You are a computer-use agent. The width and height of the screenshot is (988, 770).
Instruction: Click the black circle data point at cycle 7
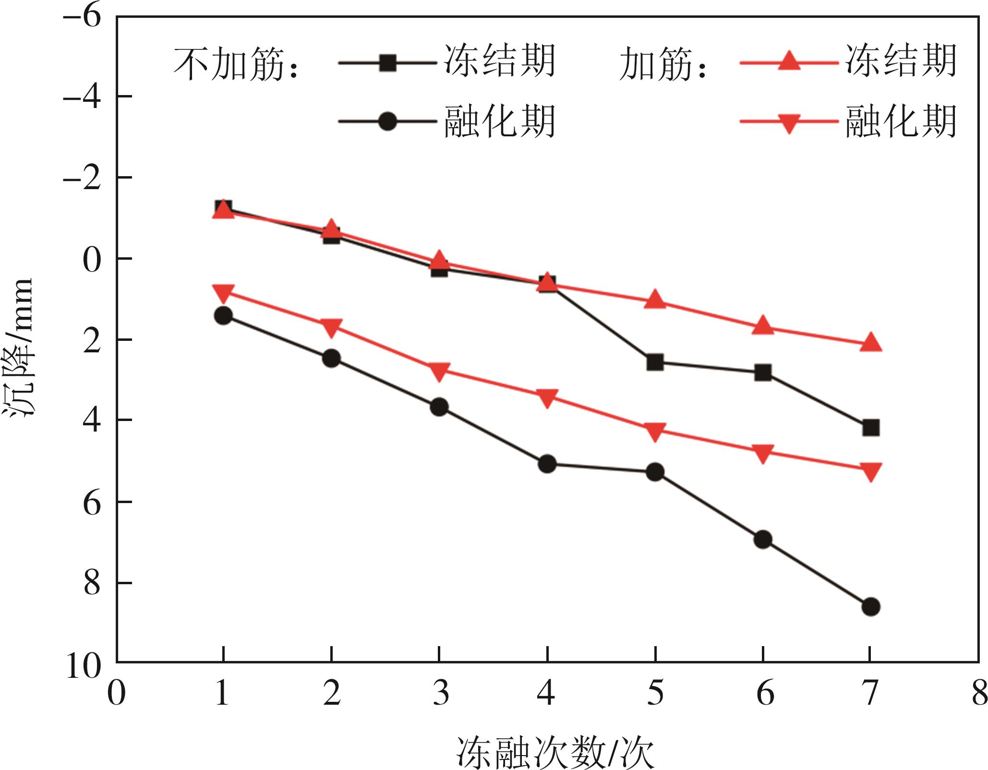click(x=870, y=607)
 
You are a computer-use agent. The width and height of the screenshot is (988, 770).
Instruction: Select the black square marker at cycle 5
click(x=655, y=362)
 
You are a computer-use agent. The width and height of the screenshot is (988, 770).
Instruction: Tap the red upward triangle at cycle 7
click(x=870, y=342)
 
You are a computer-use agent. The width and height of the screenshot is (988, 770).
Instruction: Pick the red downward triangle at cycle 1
click(x=223, y=292)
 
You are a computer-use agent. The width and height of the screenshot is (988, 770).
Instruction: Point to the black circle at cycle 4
click(x=547, y=464)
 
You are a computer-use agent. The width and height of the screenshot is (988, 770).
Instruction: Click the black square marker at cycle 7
click(x=870, y=427)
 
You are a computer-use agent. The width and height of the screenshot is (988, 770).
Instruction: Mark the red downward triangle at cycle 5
click(x=655, y=431)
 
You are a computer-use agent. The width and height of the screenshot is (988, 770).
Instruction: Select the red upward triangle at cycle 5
click(x=655, y=300)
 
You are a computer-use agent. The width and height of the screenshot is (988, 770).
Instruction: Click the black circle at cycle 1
click(x=223, y=315)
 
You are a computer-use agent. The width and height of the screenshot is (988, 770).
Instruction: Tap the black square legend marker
click(x=387, y=63)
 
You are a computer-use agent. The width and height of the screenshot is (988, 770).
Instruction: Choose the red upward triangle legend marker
click(x=788, y=62)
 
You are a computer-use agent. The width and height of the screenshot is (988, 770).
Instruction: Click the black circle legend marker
click(x=387, y=121)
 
